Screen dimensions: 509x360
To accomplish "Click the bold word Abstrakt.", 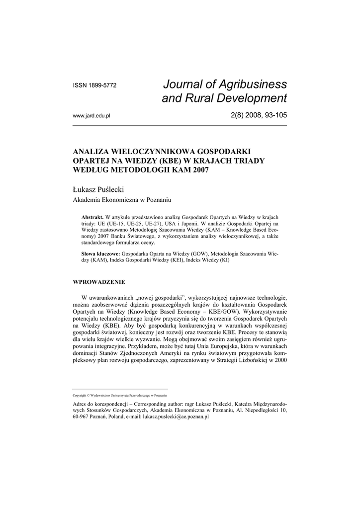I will click(92, 218).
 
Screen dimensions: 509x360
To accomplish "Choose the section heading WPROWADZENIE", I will click(99, 282).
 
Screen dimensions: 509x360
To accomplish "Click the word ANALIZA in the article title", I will click(91, 151).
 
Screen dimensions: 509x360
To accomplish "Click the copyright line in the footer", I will click(119, 396).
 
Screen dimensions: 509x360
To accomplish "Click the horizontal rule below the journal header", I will click(180, 125).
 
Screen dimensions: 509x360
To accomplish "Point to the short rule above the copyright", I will click(120, 388).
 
